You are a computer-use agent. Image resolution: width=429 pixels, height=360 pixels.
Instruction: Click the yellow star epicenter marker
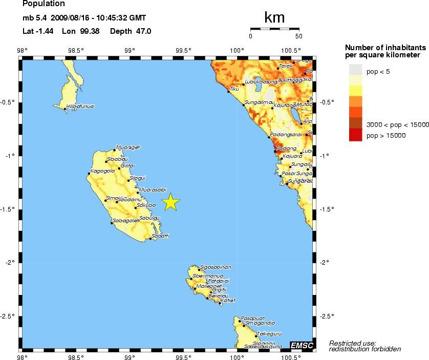(x=170, y=202)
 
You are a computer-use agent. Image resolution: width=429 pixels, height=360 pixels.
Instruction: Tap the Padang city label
(x=283, y=149)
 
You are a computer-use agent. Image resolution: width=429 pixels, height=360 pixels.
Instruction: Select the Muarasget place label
(x=128, y=147)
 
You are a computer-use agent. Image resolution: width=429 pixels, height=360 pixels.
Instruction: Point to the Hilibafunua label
(x=80, y=107)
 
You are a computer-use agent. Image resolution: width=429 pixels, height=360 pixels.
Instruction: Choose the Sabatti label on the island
(x=160, y=236)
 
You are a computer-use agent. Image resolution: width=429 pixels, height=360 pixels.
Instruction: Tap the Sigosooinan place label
(x=216, y=267)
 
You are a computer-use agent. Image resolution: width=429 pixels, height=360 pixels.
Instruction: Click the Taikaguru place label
(x=270, y=333)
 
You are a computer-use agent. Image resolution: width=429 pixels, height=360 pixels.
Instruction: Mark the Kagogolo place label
(x=102, y=171)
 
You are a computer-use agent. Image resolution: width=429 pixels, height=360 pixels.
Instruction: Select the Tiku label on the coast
(x=234, y=89)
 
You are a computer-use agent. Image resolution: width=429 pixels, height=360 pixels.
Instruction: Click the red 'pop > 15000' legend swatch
(x=356, y=135)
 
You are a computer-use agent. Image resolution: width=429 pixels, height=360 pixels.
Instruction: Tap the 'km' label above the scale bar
(x=274, y=18)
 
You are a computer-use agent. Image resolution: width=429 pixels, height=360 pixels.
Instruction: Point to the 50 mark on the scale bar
(x=299, y=36)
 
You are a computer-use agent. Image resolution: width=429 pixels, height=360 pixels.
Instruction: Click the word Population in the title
(x=44, y=4)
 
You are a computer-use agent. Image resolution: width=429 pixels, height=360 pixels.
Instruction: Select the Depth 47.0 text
(x=131, y=31)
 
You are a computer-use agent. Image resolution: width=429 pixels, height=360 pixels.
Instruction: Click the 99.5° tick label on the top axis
(x=183, y=50)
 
